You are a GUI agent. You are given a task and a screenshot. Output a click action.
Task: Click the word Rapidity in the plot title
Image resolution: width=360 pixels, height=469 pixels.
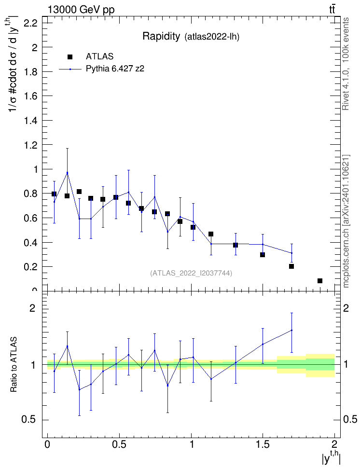pyautogui.click(x=161, y=36)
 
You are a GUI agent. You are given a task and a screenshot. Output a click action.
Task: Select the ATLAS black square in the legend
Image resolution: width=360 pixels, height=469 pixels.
pyautogui.click(x=70, y=57)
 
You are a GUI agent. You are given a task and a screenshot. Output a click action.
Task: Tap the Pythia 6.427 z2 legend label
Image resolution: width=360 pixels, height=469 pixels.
pyautogui.click(x=115, y=69)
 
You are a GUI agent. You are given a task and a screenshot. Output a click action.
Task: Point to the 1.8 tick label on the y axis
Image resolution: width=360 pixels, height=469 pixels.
pyautogui.click(x=30, y=72)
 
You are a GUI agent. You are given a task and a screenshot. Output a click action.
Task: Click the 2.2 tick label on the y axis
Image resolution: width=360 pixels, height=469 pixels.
pyautogui.click(x=30, y=23)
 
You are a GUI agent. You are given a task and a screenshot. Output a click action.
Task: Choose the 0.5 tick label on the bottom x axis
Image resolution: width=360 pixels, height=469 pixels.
pyautogui.click(x=119, y=443)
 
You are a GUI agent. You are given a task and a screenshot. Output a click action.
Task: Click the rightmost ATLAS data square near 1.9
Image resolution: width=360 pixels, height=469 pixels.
pyautogui.click(x=320, y=281)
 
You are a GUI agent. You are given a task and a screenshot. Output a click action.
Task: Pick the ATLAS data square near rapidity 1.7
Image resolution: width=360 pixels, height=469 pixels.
pyautogui.click(x=291, y=266)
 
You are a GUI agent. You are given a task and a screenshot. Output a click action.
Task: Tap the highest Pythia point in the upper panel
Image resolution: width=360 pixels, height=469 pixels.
pyautogui.click(x=68, y=173)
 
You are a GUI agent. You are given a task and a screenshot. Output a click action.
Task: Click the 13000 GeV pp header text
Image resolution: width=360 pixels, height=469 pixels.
pyautogui.click(x=81, y=10)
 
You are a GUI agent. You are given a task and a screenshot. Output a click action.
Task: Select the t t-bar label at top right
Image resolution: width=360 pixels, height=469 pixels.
pyautogui.click(x=332, y=10)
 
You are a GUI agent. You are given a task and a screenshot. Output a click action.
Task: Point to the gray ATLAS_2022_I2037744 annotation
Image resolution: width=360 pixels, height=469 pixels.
pyautogui.click(x=191, y=273)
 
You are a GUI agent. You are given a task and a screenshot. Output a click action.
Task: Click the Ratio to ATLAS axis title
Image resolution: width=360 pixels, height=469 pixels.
pyautogui.click(x=14, y=365)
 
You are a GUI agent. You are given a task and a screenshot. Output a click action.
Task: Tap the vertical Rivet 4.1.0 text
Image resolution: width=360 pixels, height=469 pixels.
pyautogui.click(x=346, y=64)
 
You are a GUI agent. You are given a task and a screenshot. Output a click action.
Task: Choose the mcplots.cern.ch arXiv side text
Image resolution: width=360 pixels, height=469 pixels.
pyautogui.click(x=346, y=221)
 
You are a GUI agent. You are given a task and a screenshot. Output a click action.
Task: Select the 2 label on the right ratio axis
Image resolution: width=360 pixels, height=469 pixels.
pyautogui.click(x=346, y=308)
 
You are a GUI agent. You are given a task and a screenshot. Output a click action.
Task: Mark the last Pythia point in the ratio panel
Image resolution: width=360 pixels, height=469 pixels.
pyautogui.click(x=291, y=330)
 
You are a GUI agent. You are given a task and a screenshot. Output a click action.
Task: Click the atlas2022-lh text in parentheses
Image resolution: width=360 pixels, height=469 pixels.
pyautogui.click(x=212, y=37)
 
